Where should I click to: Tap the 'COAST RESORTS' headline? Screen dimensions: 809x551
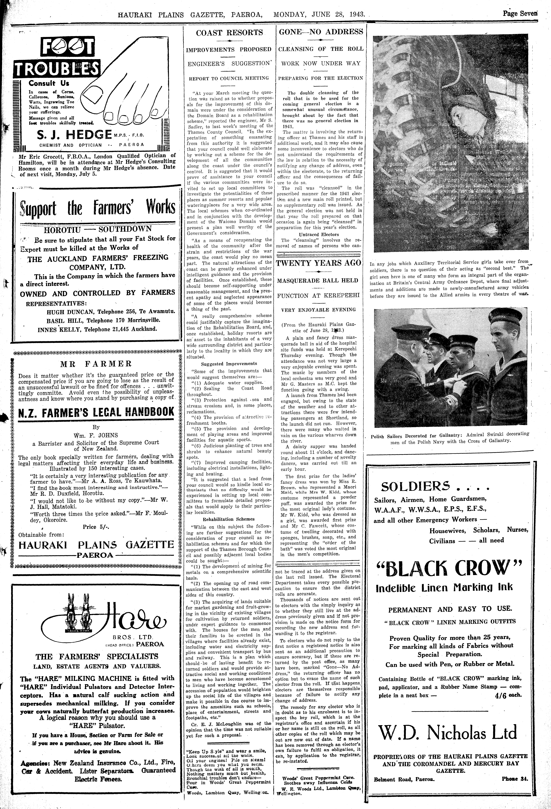(x=229, y=33)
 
